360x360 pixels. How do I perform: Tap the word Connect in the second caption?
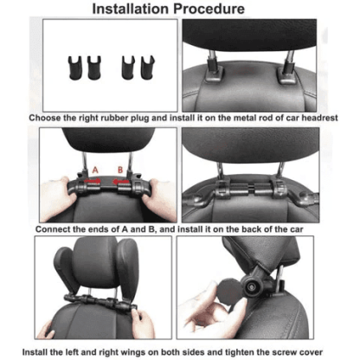coord(58,229)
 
